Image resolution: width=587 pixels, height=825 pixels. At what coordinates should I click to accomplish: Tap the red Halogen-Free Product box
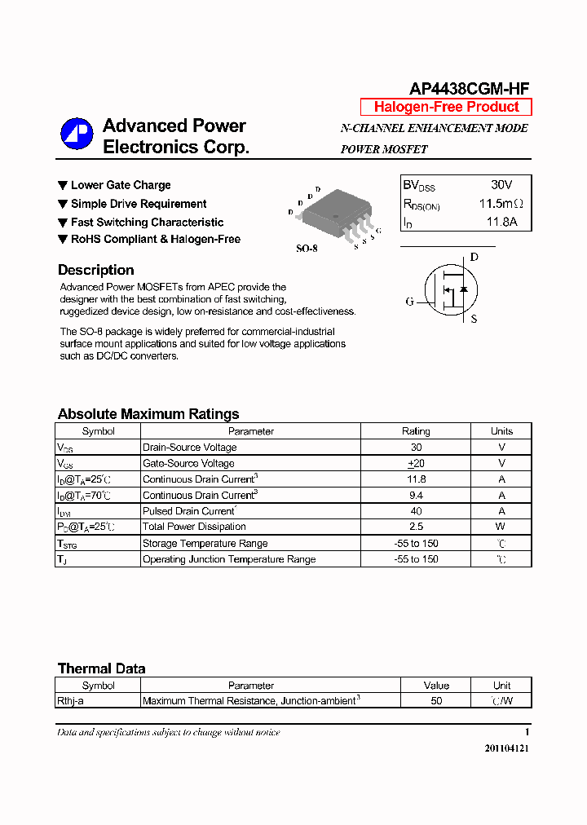pos(446,107)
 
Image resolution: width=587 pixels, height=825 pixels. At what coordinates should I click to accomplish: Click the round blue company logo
pos(77,135)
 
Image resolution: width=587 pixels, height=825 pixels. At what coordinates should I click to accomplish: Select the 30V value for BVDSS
pos(501,185)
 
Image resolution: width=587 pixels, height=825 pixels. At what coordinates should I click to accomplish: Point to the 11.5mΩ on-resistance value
pos(501,204)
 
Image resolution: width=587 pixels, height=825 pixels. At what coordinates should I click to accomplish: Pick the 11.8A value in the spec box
pos(502,222)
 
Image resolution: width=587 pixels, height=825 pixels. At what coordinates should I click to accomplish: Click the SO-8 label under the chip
pos(307,249)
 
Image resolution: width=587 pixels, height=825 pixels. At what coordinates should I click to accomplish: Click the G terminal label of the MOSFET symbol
pos(410,302)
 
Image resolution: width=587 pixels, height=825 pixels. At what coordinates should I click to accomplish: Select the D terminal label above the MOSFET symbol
pos(474,258)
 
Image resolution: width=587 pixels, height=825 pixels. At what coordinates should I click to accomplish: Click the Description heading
pos(95,270)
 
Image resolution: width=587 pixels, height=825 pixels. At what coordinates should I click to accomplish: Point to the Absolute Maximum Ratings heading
pos(148,414)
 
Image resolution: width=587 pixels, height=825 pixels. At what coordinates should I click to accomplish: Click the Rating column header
pos(416,431)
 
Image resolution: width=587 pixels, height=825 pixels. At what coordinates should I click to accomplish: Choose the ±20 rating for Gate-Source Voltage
pos(416,463)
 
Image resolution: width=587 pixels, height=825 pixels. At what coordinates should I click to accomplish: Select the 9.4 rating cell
pos(416,495)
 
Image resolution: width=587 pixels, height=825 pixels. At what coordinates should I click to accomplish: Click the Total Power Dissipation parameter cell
pos(194,527)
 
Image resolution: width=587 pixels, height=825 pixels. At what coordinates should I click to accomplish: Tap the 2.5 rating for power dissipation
pos(416,527)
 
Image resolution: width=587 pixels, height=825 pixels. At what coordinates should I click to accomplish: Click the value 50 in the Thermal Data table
pos(436,701)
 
